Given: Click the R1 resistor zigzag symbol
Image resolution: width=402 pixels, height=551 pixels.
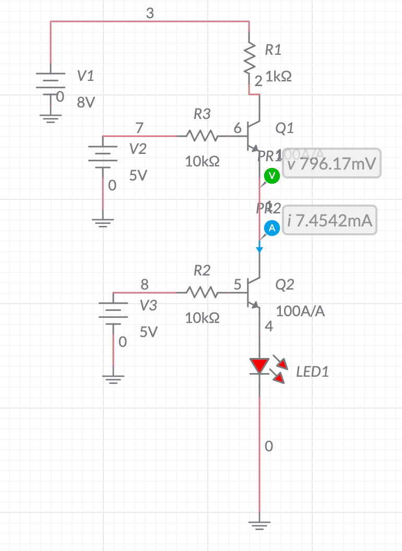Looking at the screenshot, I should point(250,58).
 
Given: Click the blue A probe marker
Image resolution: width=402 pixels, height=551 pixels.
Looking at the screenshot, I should point(271,228).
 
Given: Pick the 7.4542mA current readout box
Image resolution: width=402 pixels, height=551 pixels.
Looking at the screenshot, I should point(329,220).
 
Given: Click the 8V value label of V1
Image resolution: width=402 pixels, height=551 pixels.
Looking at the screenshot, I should point(86,102).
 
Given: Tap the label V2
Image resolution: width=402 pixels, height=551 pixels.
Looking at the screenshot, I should point(138,149).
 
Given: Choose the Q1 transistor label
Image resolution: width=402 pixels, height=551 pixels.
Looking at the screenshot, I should point(285,128).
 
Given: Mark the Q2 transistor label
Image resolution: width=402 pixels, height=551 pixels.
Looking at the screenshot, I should point(285,284).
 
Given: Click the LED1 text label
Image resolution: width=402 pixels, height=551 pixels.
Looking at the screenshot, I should point(312,372).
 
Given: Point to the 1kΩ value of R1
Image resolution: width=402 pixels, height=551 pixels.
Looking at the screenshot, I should point(278,77).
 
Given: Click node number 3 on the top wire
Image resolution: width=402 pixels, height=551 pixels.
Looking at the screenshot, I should point(150,14).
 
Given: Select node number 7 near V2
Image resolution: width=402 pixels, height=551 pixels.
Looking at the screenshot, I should point(139,127).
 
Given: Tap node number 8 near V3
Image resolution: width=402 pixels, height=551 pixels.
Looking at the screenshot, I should point(145,285).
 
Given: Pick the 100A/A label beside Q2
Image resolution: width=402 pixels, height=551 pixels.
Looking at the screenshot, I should point(300,312).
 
